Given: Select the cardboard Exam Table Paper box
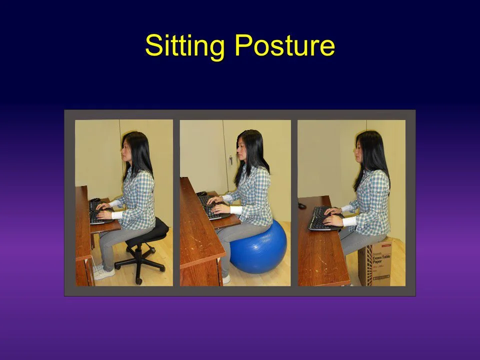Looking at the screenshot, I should [375, 262].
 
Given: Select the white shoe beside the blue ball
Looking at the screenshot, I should [226, 278].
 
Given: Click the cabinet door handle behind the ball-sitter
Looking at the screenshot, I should [230, 160].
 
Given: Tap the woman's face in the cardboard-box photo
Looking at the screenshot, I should [358, 148].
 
